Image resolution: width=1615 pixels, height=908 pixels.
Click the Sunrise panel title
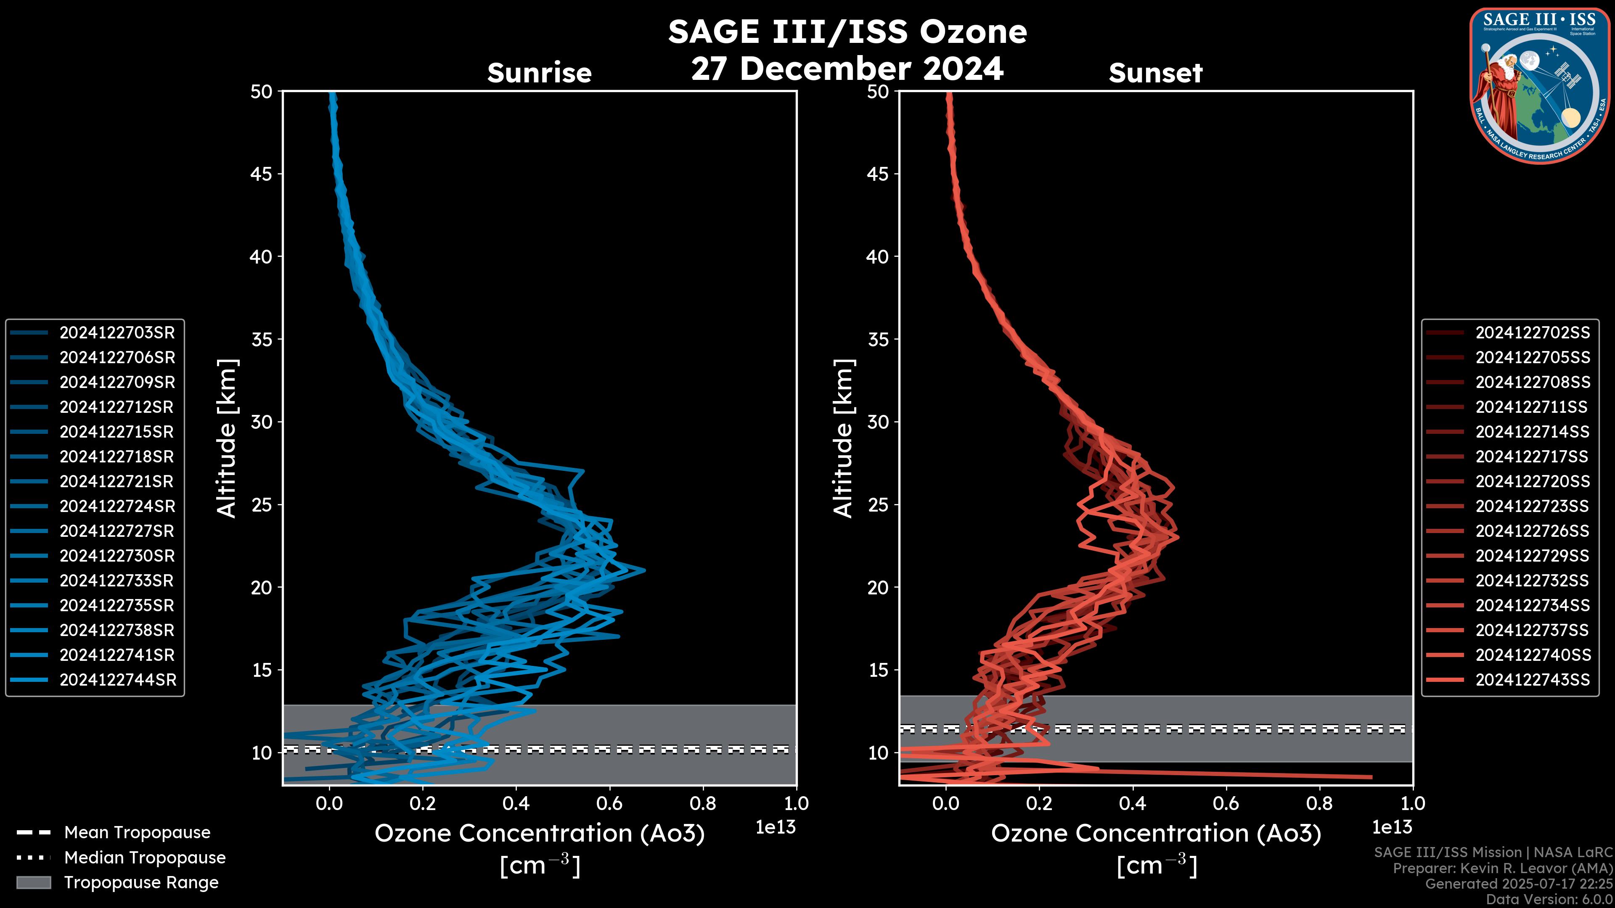click(x=539, y=73)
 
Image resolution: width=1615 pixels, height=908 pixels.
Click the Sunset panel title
click(x=1155, y=73)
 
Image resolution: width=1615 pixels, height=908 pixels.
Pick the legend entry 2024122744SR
click(x=118, y=680)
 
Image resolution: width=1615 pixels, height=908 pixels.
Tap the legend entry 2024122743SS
click(x=1532, y=680)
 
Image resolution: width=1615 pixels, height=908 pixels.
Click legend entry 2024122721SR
click(x=116, y=481)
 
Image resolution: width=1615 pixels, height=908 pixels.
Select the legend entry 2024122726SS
click(x=1532, y=531)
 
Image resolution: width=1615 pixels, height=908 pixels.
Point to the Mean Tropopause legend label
click(x=137, y=832)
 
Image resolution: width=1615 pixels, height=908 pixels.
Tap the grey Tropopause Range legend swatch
click(x=33, y=882)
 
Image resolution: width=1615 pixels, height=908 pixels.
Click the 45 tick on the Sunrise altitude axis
click(x=262, y=174)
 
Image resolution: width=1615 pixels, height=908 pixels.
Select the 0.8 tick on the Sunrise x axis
click(x=702, y=803)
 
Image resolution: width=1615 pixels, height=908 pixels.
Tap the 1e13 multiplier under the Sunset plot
click(x=1392, y=827)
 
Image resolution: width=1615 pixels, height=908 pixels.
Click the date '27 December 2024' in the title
click(x=847, y=68)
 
